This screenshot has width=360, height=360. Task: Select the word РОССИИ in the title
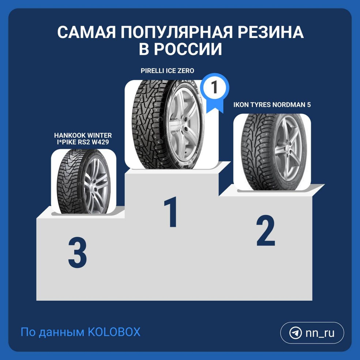[188, 49]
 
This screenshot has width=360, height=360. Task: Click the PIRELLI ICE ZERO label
[167, 71]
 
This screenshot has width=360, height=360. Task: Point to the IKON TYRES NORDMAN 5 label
[272, 105]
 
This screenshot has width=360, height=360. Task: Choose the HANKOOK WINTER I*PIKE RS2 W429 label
[83, 139]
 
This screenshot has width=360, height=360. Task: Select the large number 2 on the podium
[266, 230]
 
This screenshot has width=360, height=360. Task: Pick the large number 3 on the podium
[77, 253]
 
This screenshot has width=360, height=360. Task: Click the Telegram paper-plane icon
[295, 333]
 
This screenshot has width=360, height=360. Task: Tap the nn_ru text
[320, 333]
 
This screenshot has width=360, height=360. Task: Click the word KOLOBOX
[114, 332]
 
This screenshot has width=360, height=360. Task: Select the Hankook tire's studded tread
[69, 181]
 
